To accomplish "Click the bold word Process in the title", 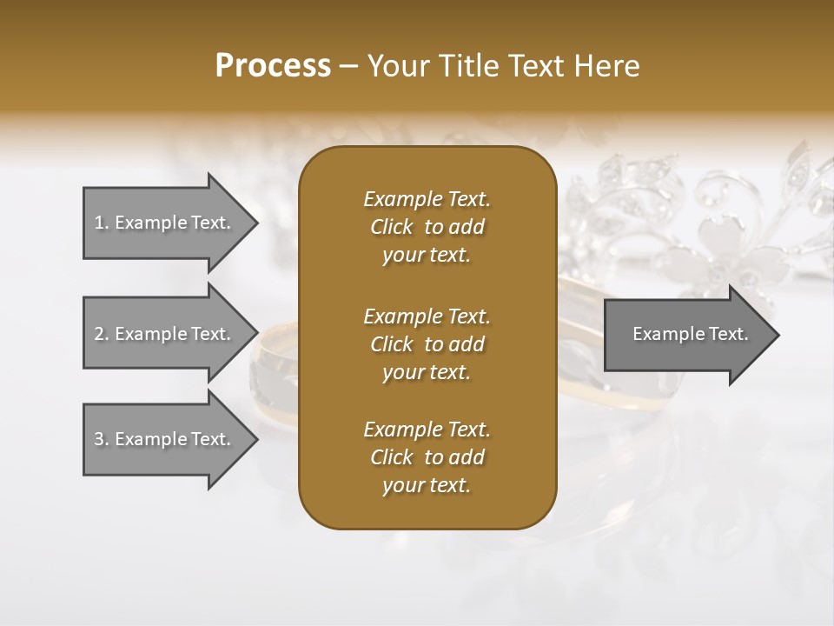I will [x=273, y=66].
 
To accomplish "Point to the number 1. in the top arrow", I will [x=102, y=223].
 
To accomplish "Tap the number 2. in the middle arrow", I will [x=102, y=334].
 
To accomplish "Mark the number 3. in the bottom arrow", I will [x=102, y=439].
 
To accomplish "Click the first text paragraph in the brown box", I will [x=427, y=227].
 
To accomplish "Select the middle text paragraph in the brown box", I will [x=427, y=343].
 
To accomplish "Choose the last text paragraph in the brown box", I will [x=427, y=457].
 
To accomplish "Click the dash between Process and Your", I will [x=349, y=66].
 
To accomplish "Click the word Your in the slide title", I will [x=396, y=66].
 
